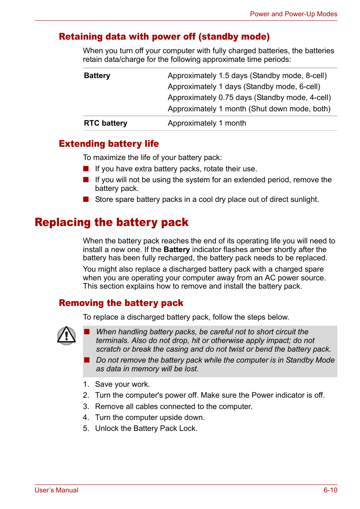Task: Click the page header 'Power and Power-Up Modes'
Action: [293, 14]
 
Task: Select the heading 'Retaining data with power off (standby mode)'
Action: [164, 37]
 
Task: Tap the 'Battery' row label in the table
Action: [97, 75]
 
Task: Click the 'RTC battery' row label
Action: [106, 123]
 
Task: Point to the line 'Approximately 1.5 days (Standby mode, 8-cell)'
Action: [247, 75]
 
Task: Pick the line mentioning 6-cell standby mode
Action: [244, 86]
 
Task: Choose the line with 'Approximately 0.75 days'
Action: [249, 97]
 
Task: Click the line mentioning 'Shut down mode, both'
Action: [249, 109]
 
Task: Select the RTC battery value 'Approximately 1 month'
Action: [207, 123]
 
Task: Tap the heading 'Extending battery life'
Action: [109, 144]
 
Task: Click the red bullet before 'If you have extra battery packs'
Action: [86, 169]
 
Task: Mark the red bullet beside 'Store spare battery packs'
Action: [86, 199]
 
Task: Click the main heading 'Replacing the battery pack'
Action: [111, 222]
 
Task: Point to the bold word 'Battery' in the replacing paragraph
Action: [177, 249]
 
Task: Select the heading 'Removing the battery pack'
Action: [121, 303]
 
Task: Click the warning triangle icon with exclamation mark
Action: [66, 335]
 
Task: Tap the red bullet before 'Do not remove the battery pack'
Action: [87, 360]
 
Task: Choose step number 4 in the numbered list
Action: [86, 417]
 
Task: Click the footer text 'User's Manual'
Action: [56, 490]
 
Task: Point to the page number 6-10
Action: [330, 490]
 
